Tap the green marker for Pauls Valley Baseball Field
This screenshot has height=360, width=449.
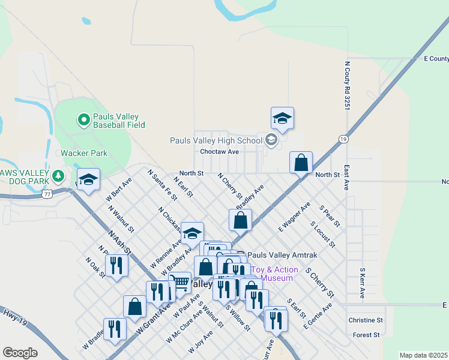pyautogui.click(x=84, y=120)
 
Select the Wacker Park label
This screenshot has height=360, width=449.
pyautogui.click(x=84, y=153)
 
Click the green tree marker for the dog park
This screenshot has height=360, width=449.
pyautogui.click(x=58, y=176)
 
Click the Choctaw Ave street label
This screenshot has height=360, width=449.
pyautogui.click(x=220, y=152)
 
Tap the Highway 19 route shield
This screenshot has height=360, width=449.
pyautogui.click(x=343, y=139)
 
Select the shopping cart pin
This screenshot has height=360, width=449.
pyautogui.click(x=179, y=282)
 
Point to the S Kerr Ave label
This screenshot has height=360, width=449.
pyautogui.click(x=362, y=283)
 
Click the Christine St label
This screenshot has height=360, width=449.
pyautogui.click(x=366, y=320)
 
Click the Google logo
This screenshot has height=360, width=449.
pyautogui.click(x=20, y=353)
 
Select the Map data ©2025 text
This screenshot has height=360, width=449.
pyautogui.click(x=423, y=355)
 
